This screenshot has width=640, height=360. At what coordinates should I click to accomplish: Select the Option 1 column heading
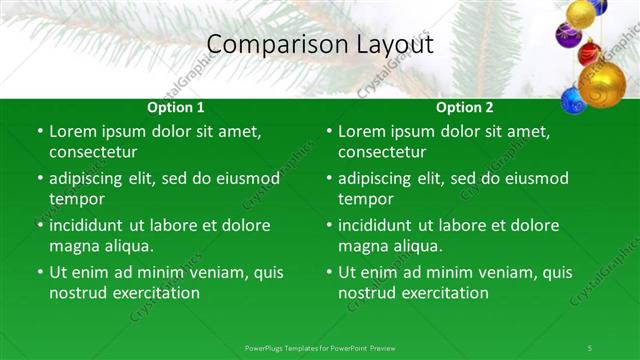[x=176, y=107]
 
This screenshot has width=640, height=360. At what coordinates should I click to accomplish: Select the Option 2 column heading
[x=465, y=107]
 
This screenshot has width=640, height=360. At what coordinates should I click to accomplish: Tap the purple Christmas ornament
[x=568, y=36]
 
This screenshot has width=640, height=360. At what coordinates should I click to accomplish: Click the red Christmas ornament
[x=590, y=53]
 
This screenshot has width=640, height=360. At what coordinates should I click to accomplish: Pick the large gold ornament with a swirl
[x=603, y=85]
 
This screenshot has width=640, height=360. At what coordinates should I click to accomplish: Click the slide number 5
[x=590, y=347]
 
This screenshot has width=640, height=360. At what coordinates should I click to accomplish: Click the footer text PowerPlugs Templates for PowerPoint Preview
[x=320, y=347]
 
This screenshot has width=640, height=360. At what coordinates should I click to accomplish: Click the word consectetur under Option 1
[x=93, y=152]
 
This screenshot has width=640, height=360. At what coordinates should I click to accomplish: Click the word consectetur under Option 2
[x=382, y=152]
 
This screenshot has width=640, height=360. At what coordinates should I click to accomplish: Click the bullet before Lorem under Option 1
[x=40, y=131]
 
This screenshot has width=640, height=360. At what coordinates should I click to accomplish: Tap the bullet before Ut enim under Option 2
[x=329, y=272]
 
